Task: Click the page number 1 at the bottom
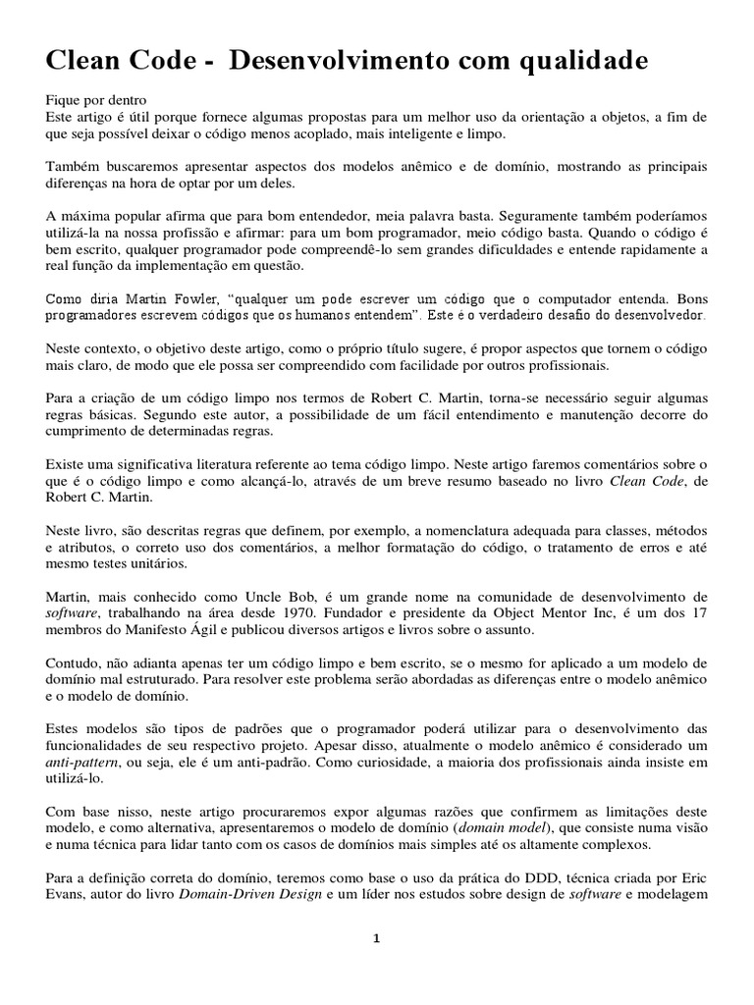tap(376, 938)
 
